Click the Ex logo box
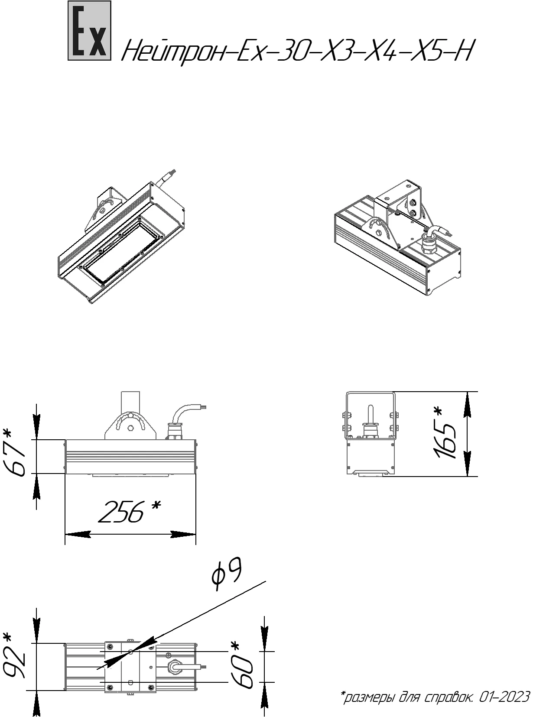pos(89,31)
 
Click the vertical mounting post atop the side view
pos(130,401)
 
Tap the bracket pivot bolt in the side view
pos(130,428)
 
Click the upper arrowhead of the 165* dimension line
pos(467,404)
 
